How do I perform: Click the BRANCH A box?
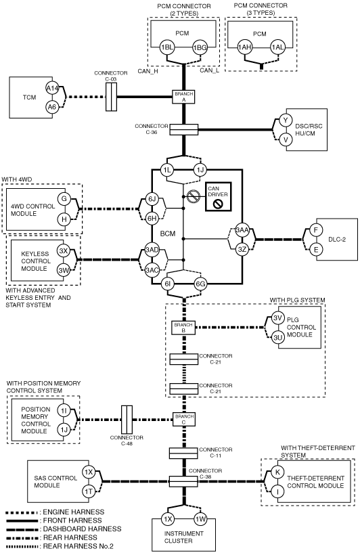pos(183,97)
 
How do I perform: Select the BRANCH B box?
pos(183,328)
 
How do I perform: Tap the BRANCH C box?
pos(183,419)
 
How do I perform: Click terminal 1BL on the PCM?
pos(167,47)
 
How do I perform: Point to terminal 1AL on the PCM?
pos(277,47)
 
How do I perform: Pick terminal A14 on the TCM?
pos(52,89)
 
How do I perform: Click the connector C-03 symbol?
pos(112,97)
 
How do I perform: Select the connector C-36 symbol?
pos(183,129)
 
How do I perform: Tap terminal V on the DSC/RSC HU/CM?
pos(286,139)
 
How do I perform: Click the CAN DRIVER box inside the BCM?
pos(219,196)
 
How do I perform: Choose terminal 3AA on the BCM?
pos(242,230)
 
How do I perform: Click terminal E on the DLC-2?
pos(316,250)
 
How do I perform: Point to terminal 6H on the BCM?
pos(152,219)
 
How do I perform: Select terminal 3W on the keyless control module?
pos(64,271)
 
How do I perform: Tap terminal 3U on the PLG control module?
pos(278,338)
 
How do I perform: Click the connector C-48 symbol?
pos(127,420)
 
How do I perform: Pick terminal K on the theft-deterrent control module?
pos(278,472)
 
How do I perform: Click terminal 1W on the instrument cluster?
pos(200,518)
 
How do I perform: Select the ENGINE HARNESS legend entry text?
pos(74,512)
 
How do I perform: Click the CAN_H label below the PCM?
pos(148,71)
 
